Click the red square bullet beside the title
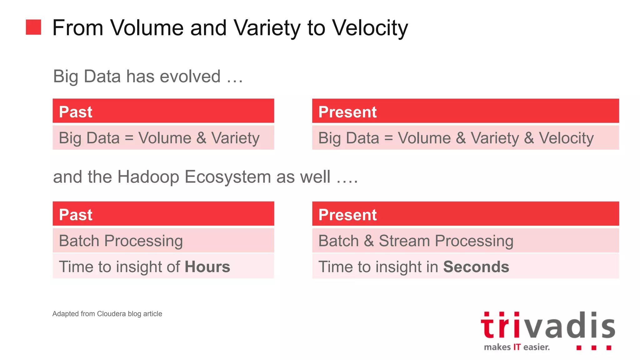33,27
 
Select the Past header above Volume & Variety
76,112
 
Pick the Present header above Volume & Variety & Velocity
347,112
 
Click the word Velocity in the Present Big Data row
566,138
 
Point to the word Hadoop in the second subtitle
148,177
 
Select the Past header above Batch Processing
76,215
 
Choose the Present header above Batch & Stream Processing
347,215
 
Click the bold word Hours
207,267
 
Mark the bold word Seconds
476,267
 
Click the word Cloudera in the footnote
111,314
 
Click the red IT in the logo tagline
517,347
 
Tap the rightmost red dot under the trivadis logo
609,348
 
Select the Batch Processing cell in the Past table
121,241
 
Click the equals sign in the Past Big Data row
129,138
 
